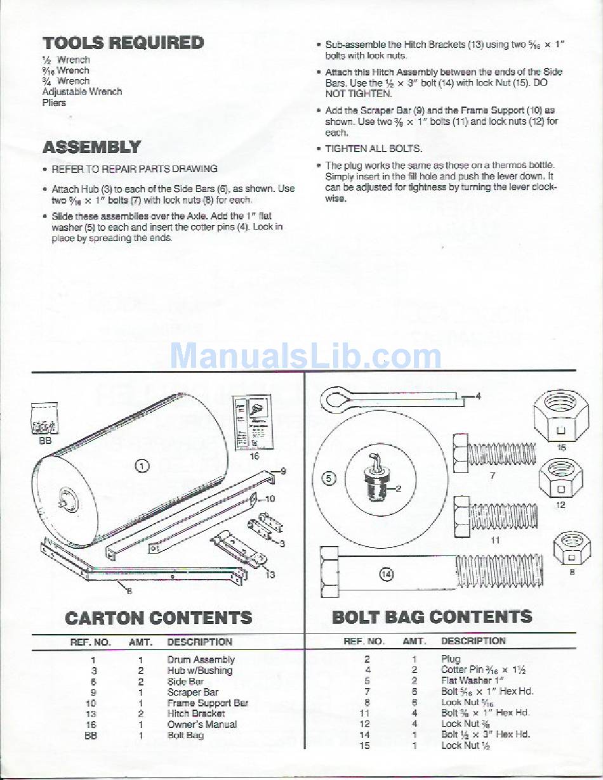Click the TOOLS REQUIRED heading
pos(123,43)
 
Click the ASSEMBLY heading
pos(91,147)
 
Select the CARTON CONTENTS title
pos(159,618)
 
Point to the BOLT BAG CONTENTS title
pos(432,617)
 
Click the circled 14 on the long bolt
pos(386,575)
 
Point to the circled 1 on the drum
pos(143,466)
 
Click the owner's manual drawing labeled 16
pos(253,422)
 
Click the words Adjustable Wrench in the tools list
pos(82,92)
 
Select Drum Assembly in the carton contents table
pos(201,660)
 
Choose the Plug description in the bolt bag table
pos(451,660)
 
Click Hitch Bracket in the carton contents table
pos(196,713)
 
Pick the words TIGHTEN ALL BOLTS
pos(373,149)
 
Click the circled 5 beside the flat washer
pos(329,478)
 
